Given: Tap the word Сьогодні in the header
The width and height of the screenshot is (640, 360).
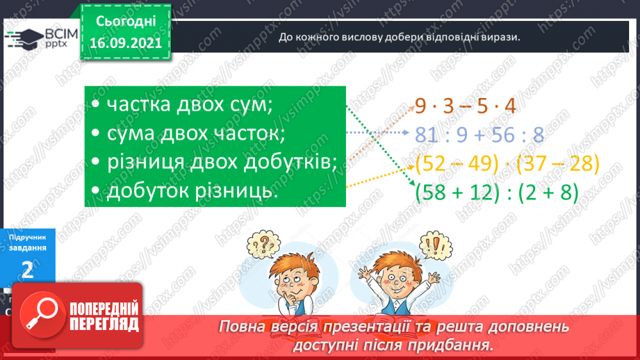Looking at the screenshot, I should pos(125,22).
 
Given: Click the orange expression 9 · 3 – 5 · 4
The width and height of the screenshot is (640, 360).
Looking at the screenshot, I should pos(465,106).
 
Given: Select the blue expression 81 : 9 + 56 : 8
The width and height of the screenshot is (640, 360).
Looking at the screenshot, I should pos(479,135).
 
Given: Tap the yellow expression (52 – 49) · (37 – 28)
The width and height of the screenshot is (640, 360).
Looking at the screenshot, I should pos(506,163).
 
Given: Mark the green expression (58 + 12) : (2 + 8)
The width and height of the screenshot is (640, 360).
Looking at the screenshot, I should pos(495,192).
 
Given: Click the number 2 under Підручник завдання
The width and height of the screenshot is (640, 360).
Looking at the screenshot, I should pos(28,270).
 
